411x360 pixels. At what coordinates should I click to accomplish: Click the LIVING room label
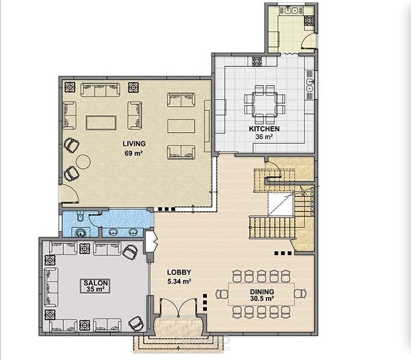click(x=134, y=144)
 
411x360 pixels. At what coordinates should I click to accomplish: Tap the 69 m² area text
click(x=134, y=153)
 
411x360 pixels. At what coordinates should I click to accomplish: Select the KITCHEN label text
click(x=264, y=128)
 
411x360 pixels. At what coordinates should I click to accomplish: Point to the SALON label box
click(x=95, y=286)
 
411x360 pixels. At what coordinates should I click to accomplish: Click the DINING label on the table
click(x=262, y=292)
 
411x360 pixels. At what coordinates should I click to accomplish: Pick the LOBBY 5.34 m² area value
click(x=179, y=282)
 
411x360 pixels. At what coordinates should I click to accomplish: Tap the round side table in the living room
click(x=83, y=162)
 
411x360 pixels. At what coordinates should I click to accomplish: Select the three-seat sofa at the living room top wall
click(x=100, y=90)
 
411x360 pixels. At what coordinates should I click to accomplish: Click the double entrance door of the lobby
click(x=178, y=307)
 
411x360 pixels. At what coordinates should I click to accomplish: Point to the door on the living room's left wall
click(x=69, y=194)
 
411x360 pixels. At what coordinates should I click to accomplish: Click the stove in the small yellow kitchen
click(x=309, y=21)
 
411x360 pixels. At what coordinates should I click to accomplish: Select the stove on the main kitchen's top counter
click(x=257, y=62)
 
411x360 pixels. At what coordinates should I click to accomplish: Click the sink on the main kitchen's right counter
click(x=310, y=84)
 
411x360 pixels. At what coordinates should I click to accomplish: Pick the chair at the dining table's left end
click(x=222, y=294)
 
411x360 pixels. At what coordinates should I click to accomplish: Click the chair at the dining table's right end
click(x=300, y=293)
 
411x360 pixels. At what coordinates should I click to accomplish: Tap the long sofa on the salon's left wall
click(x=51, y=288)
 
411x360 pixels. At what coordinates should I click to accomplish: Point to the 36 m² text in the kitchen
click(x=264, y=137)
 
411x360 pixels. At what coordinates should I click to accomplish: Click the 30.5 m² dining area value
click(x=262, y=298)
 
